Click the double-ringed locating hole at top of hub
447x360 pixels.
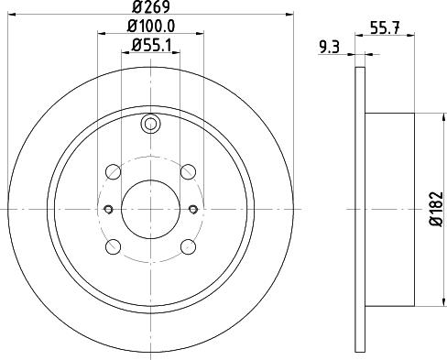click(x=151, y=125)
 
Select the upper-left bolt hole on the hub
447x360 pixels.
click(x=114, y=170)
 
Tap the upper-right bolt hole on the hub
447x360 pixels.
click(x=189, y=170)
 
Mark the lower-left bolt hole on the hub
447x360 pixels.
click(x=114, y=246)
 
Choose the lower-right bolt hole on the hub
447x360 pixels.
click(x=189, y=246)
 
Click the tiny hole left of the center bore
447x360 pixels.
click(x=107, y=208)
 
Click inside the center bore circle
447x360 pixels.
click(x=151, y=208)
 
